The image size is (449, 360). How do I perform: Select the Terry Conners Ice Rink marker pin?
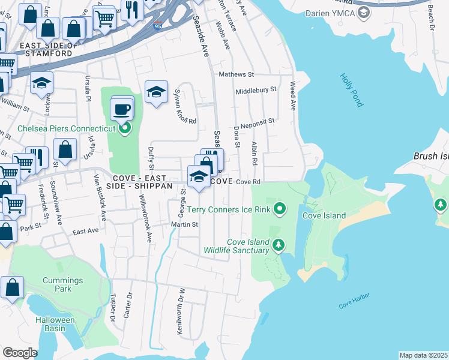coord(279,209)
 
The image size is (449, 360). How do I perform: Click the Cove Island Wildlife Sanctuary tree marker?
coord(278,244)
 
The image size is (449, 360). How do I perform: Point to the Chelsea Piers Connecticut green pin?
coord(125,127)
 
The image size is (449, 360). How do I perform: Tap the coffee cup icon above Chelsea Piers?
coord(122,109)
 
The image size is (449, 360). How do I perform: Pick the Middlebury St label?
coord(256,89)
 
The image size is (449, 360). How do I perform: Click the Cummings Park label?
coord(62,284)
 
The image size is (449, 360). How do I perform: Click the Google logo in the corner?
coord(20,352)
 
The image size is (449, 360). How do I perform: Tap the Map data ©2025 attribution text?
coord(423,355)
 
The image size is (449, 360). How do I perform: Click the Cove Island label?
coord(324,215)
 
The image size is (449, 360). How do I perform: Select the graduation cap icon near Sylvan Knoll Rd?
coord(156,92)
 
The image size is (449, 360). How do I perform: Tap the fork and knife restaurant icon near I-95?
coord(130,10)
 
